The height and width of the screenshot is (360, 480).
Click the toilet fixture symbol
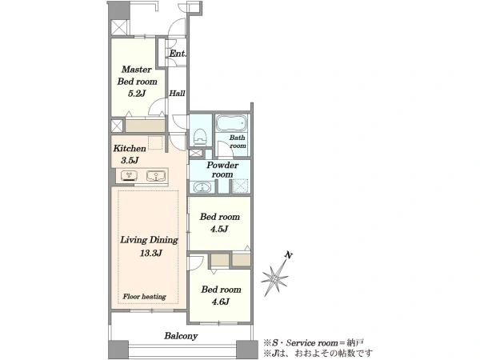[x=200, y=137]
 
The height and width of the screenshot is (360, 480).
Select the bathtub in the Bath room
[x=232, y=124]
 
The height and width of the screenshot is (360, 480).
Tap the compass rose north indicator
[x=275, y=277]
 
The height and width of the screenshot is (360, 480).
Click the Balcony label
[x=181, y=336]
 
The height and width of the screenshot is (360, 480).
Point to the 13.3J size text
[x=150, y=253]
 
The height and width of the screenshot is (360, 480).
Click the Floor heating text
[x=144, y=296]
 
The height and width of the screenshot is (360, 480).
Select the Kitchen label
[x=130, y=149]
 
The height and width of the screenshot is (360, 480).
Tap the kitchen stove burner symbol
[x=129, y=176]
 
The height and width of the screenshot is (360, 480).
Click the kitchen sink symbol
[x=156, y=176]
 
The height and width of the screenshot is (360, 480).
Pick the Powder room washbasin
[x=202, y=186]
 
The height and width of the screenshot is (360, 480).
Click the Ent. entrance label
[x=178, y=54]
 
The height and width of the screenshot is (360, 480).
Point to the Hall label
[x=178, y=93]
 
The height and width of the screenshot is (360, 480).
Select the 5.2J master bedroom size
[x=137, y=93]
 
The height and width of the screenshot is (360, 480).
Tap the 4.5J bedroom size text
[x=219, y=229]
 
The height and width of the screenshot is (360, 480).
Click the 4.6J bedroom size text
[x=221, y=302]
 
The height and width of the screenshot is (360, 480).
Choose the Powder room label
[x=222, y=170]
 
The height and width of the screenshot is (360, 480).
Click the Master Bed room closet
[x=145, y=126]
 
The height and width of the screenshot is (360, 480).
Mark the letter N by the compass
[x=288, y=254]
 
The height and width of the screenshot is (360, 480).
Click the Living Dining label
[x=149, y=240]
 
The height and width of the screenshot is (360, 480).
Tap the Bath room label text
[x=238, y=142]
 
